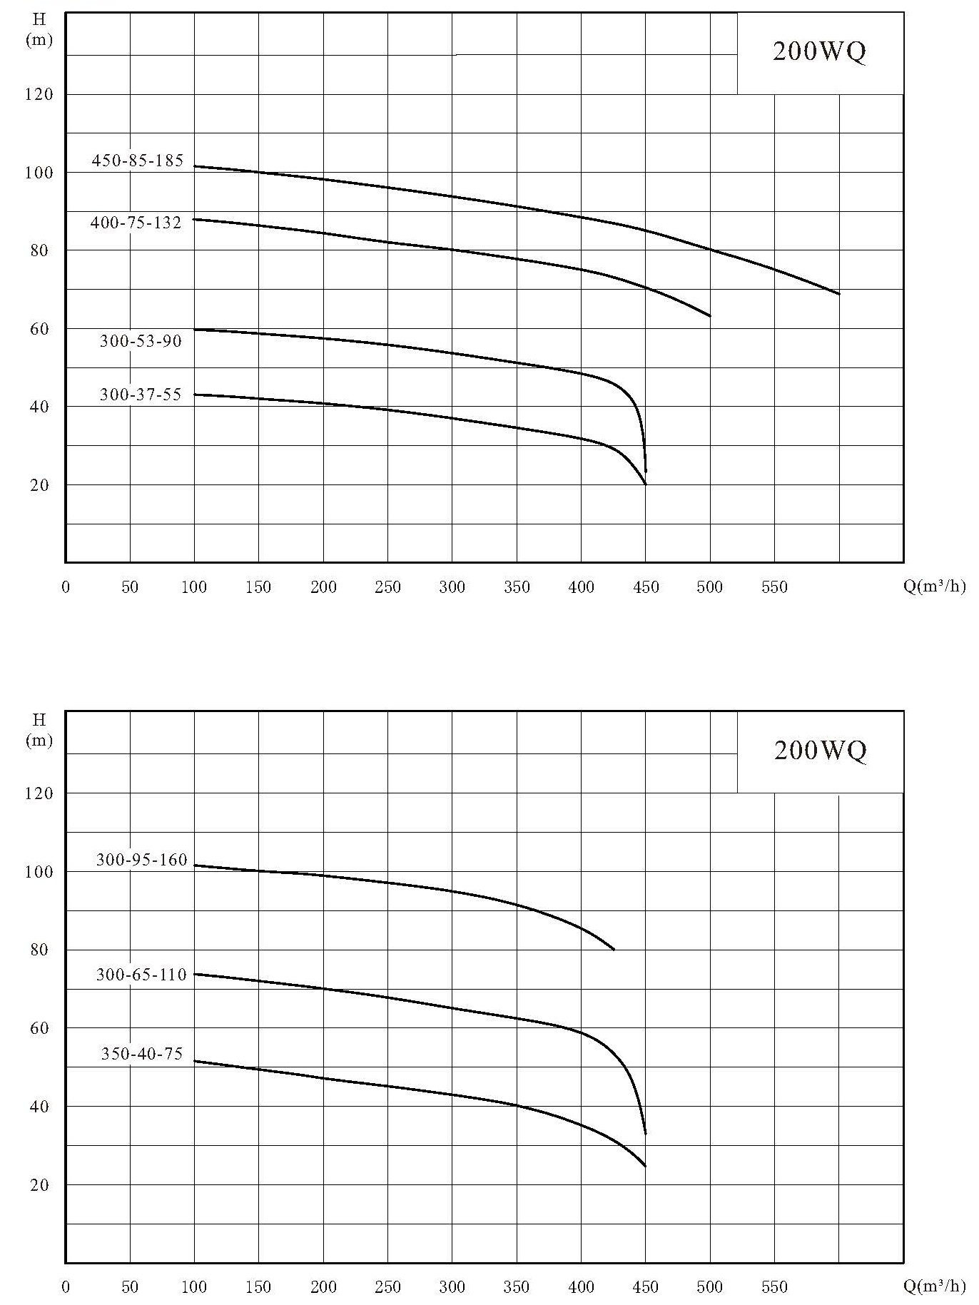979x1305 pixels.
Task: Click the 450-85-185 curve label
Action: [x=138, y=161]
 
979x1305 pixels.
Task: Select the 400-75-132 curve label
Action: [x=136, y=223]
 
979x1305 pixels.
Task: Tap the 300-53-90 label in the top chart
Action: [x=141, y=341]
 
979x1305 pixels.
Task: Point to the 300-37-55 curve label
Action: [x=141, y=395]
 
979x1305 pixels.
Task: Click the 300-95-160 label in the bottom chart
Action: [x=142, y=860]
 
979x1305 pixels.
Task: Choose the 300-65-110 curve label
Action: [x=141, y=975]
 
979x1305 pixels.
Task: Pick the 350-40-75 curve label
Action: [x=142, y=1054]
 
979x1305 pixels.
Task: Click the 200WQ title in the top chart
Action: [x=819, y=52]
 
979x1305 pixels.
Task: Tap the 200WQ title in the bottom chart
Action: [x=821, y=750]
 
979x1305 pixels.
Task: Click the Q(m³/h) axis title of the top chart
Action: [x=934, y=587]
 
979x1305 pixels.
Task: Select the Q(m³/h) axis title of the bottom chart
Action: [x=934, y=1286]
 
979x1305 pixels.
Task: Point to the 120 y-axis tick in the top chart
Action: [x=40, y=94]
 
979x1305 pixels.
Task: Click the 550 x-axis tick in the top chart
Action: [x=774, y=587]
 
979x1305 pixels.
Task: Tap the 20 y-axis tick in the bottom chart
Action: [x=40, y=1184]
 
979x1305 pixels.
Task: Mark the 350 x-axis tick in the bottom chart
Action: [x=517, y=1287]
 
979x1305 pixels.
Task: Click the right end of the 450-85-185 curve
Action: [x=840, y=294]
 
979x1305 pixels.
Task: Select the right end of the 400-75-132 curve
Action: [x=711, y=315]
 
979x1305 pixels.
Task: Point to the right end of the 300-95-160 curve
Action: [x=614, y=949]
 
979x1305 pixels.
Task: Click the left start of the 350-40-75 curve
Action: [x=194, y=1061]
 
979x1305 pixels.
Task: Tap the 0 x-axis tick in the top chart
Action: [x=66, y=588]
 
